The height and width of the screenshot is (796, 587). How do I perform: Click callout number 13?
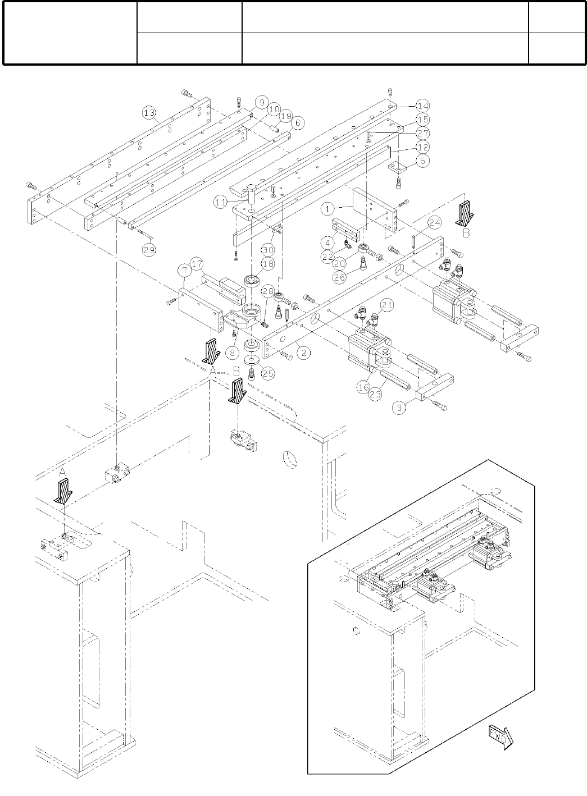point(149,113)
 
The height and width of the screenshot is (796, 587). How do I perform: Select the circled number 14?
point(422,106)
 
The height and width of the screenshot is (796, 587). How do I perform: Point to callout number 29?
point(148,250)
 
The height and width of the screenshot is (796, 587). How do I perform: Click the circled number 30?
point(268,250)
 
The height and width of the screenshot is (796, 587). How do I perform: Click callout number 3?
point(399,408)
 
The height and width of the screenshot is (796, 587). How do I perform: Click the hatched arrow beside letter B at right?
point(465,213)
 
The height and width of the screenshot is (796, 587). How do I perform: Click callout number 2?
point(303,353)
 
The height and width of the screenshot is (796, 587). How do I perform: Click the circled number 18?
point(267,264)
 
